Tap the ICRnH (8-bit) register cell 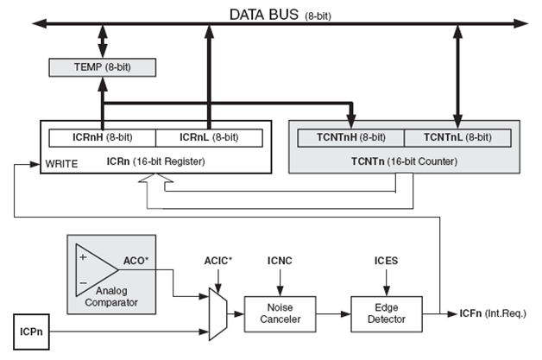[101, 136]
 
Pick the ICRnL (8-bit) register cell [208, 136]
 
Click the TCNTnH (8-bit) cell [350, 137]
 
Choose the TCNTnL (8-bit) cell [457, 137]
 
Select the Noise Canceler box [274, 313]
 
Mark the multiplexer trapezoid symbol [217, 313]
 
